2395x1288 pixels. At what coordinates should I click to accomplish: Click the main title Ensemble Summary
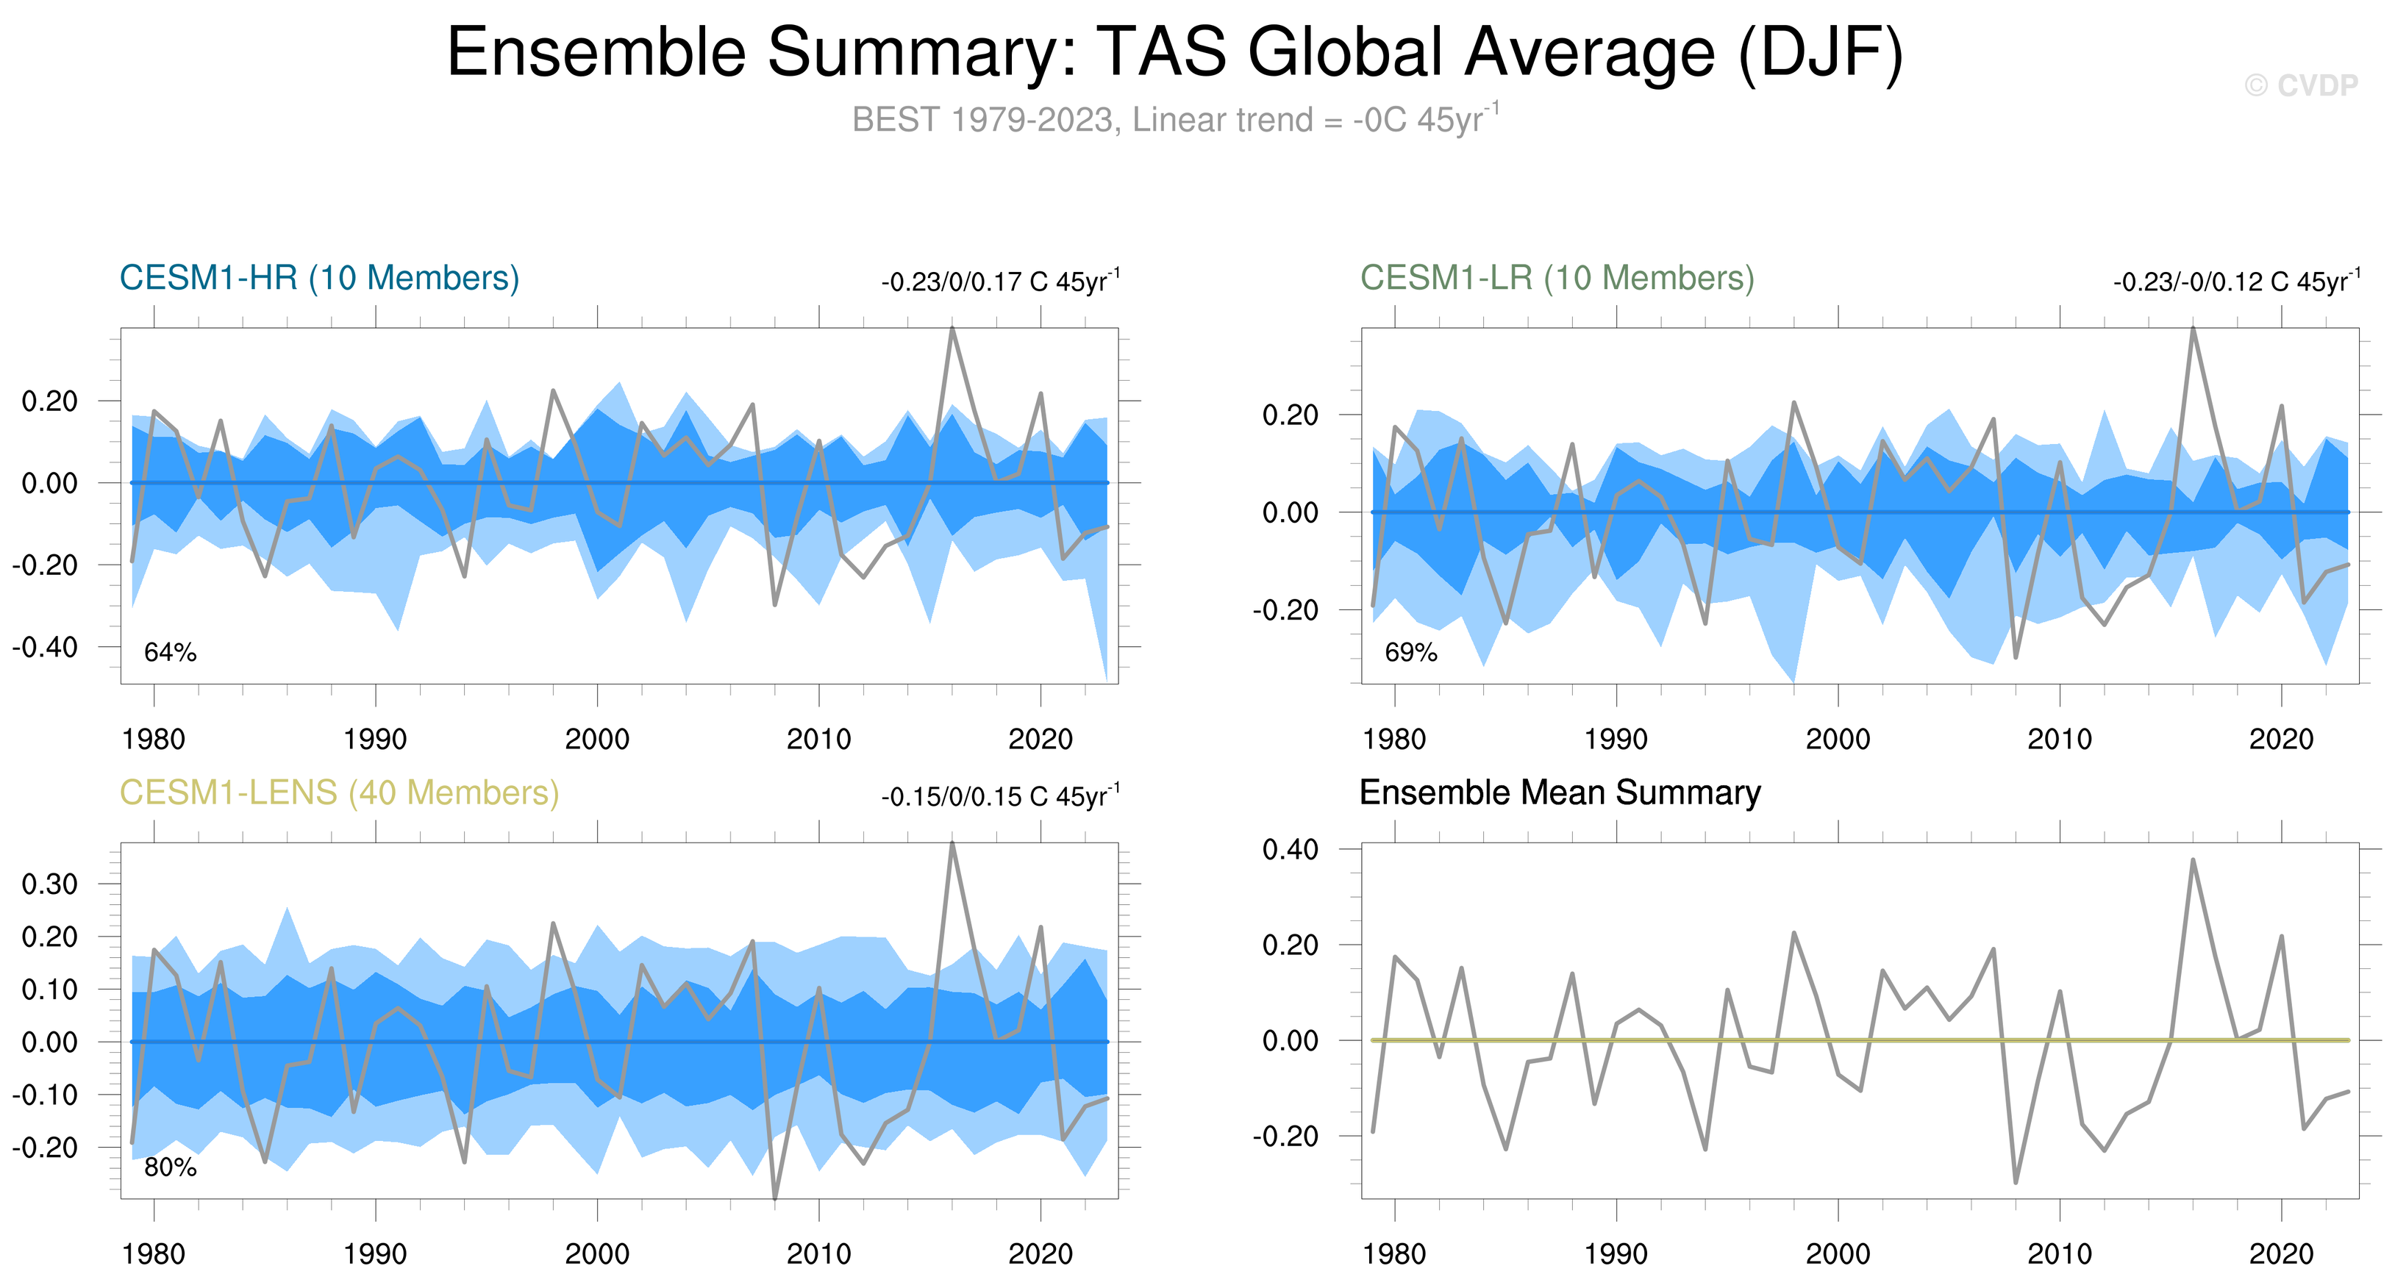[x=1174, y=52]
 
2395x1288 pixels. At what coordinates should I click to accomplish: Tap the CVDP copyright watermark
[x=2300, y=85]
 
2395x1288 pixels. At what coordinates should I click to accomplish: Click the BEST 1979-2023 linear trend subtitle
[x=1174, y=120]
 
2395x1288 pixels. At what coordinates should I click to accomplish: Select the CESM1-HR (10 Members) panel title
[x=319, y=278]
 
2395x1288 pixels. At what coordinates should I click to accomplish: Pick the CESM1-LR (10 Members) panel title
[x=1557, y=278]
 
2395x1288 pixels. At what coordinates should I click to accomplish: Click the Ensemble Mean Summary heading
[x=1559, y=793]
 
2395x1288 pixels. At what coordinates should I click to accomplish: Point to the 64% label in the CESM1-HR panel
[x=170, y=652]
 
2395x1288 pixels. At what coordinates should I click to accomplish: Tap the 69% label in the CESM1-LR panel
[x=1410, y=652]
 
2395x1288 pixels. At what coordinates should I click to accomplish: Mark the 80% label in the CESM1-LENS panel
[x=170, y=1167]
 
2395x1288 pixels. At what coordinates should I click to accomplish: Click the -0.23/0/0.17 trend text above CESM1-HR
[x=999, y=282]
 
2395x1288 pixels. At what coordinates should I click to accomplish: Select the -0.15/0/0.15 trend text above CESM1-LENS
[x=999, y=796]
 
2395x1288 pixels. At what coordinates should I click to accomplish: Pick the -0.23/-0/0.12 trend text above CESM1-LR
[x=2236, y=282]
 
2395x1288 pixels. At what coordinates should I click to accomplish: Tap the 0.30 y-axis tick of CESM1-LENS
[x=50, y=884]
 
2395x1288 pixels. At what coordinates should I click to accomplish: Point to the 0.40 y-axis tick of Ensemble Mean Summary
[x=1290, y=848]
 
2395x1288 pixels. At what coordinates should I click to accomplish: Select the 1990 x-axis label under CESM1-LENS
[x=375, y=1254]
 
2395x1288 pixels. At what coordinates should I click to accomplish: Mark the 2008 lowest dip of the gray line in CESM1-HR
[x=774, y=605]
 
